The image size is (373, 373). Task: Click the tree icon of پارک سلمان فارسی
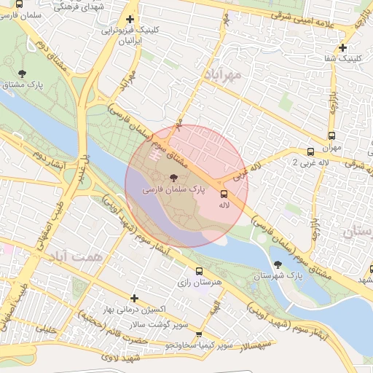point(173,178)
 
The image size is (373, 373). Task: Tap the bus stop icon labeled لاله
point(223,194)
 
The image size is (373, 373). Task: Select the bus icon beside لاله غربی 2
point(311,152)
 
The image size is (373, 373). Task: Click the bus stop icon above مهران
point(332,136)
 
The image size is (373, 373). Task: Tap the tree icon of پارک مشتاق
point(23,73)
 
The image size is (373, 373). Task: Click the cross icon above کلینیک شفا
point(342,48)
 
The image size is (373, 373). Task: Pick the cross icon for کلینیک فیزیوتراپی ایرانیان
point(130,20)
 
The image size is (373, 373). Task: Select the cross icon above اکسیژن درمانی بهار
point(134,297)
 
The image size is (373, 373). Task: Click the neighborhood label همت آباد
point(76,256)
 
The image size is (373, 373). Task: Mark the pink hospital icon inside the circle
point(154,154)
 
